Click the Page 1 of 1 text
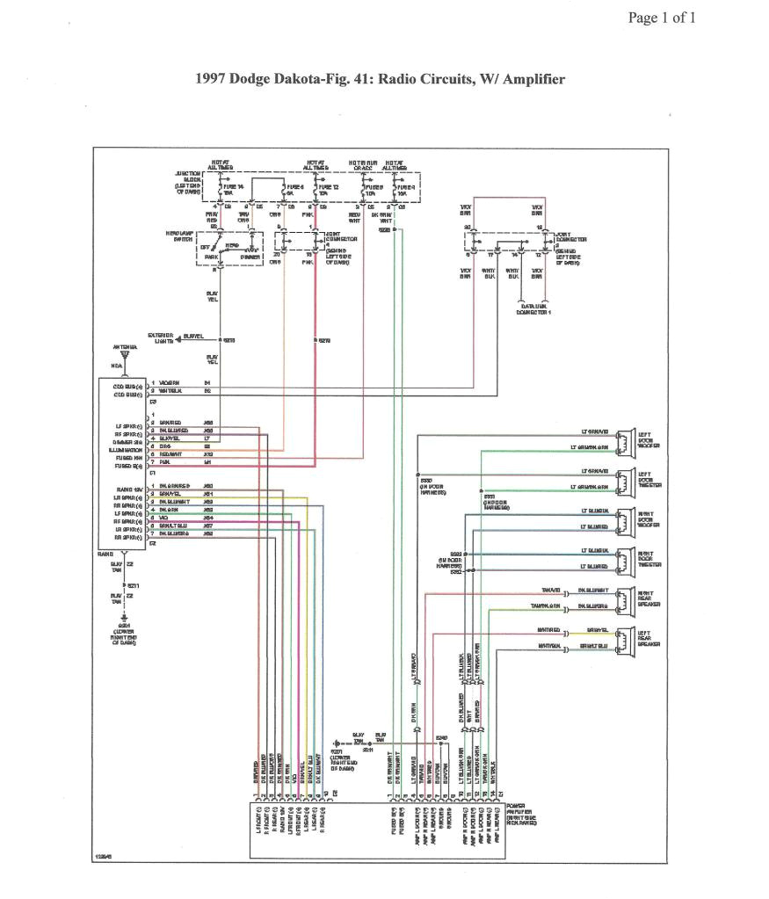click(661, 18)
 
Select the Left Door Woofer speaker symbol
click(625, 439)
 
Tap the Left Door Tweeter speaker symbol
click(625, 479)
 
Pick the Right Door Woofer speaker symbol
click(625, 518)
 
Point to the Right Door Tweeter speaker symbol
click(625, 558)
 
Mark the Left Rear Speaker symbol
click(625, 638)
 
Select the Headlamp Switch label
click(179, 236)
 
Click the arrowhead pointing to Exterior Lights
click(181, 337)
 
